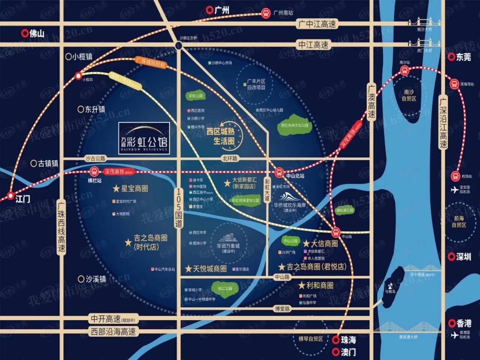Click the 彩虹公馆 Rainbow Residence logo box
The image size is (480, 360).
coord(144,138)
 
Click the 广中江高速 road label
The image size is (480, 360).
coord(317,24)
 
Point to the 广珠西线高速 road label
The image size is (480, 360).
coord(61,227)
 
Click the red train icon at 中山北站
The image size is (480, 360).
coord(279,173)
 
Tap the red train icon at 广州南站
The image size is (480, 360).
coord(266,13)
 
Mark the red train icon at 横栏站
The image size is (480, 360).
coord(94,172)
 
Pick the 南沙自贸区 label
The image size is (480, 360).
coord(409,95)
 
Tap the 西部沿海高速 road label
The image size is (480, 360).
coord(113,331)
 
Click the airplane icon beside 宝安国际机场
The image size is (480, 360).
coord(454,190)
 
